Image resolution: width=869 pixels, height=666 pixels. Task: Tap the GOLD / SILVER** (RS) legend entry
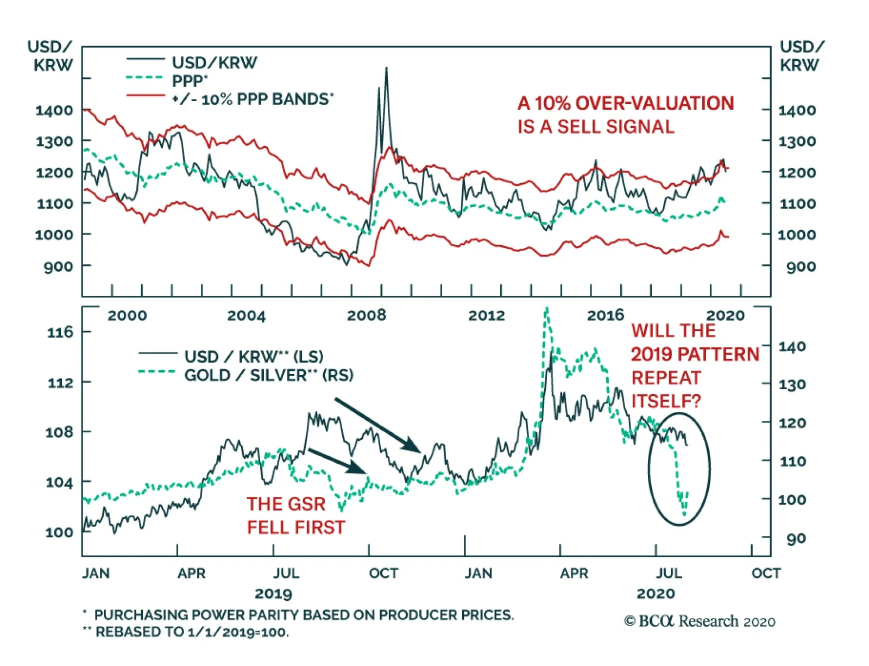[x=268, y=375]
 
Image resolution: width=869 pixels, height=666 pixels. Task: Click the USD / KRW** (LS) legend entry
[x=254, y=357]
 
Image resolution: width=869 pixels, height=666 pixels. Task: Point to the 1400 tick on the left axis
[x=54, y=110]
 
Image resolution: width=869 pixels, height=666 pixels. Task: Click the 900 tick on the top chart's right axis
[x=801, y=266]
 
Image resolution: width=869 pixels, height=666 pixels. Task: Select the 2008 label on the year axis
[x=367, y=315]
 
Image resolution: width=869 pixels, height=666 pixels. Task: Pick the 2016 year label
[x=606, y=315]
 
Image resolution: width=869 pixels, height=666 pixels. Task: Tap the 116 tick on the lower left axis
[x=60, y=332]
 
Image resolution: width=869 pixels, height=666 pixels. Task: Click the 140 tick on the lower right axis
[x=792, y=347]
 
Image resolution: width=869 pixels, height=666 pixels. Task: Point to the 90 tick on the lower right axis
[x=796, y=538]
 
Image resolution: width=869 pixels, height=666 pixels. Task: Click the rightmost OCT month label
[x=766, y=573]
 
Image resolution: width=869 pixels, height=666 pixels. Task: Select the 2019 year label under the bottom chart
[x=273, y=593]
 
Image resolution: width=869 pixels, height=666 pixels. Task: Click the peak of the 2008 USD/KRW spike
[x=386, y=68]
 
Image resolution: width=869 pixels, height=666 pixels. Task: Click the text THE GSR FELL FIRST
[x=296, y=515]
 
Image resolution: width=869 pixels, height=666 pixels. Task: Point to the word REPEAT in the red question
[x=666, y=378]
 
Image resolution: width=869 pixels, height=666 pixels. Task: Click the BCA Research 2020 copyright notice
[x=700, y=621]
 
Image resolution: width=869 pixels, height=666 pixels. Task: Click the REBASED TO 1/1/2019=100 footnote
[x=192, y=632]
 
